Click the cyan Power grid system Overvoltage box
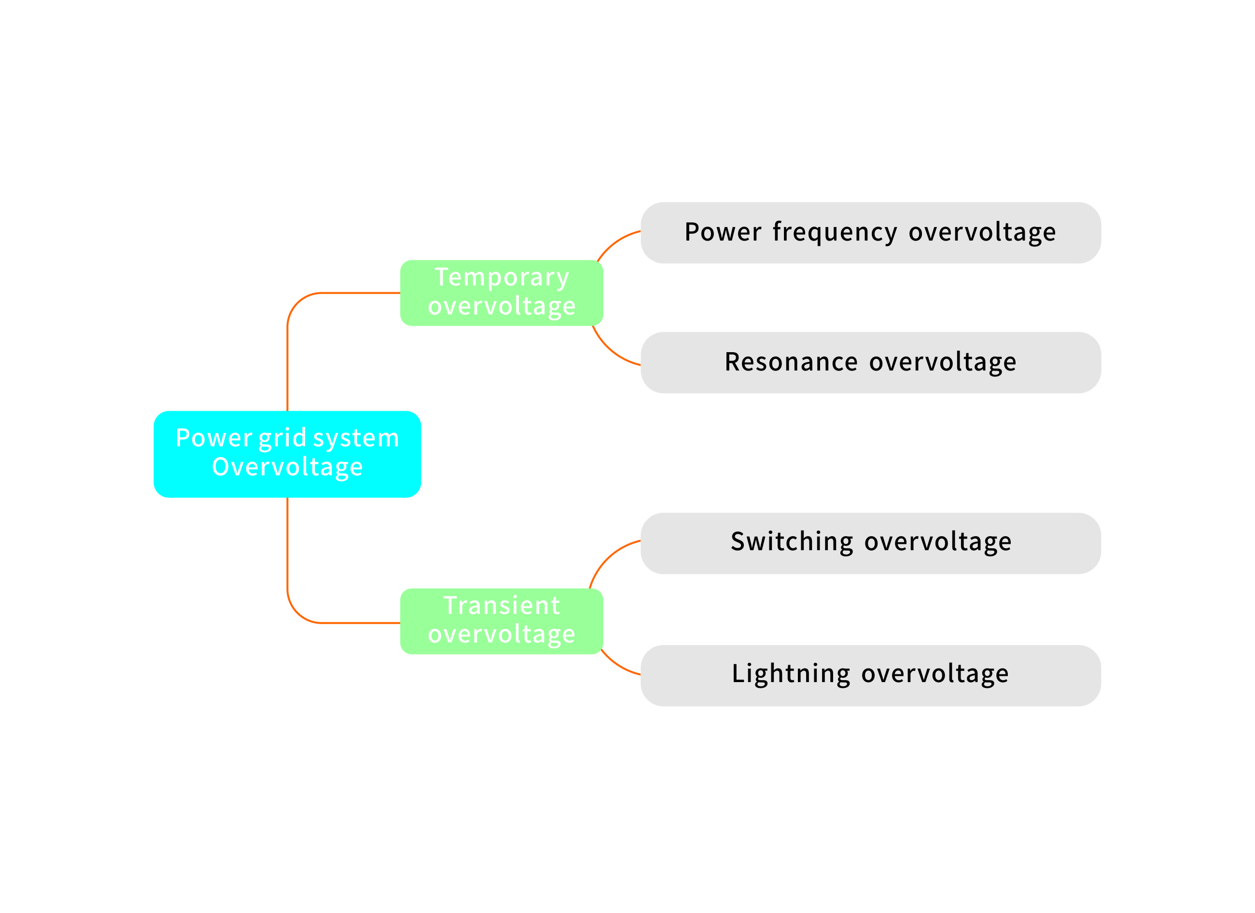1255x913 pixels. tap(287, 454)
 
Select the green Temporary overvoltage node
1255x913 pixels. tap(502, 293)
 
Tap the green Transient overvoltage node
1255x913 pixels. tap(502, 621)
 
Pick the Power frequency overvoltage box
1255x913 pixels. tap(870, 232)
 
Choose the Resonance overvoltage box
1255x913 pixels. tap(870, 363)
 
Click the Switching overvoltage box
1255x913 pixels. tap(870, 543)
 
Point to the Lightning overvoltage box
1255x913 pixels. tap(870, 675)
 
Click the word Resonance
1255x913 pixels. tap(791, 362)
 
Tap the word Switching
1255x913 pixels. tap(792, 542)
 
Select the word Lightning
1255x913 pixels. tap(791, 674)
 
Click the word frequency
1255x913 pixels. tap(835, 232)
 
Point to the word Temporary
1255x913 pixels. tap(502, 278)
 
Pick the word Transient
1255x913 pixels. tap(502, 606)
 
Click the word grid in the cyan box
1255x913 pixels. tap(282, 439)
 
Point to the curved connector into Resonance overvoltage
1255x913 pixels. tap(611, 351)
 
